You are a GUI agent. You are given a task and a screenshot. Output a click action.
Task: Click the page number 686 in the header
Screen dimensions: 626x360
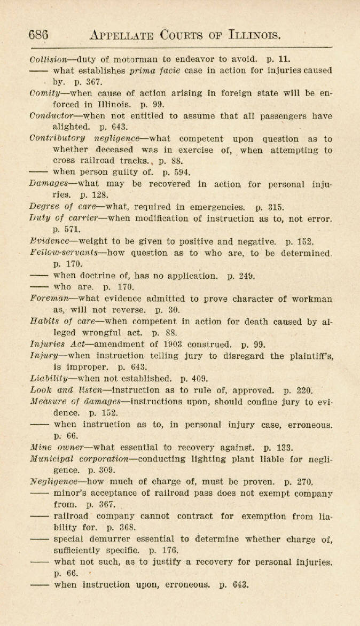click(38, 35)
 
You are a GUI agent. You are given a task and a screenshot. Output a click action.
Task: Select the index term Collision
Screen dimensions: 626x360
click(49, 59)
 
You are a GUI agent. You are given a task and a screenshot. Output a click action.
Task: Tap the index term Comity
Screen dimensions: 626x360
click(46, 93)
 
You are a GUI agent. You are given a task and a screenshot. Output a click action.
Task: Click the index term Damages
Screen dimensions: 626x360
click(48, 184)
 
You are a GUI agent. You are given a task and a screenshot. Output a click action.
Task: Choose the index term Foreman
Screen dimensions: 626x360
click(49, 299)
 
